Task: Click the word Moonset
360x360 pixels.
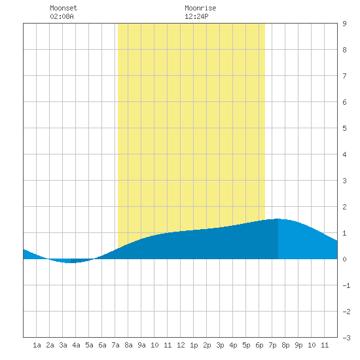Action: (63, 8)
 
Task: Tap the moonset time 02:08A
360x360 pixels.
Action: (62, 16)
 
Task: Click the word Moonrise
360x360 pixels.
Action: (200, 8)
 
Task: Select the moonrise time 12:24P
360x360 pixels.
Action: (196, 16)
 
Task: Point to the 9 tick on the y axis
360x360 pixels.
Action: (344, 24)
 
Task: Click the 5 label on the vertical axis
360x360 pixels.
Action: (344, 128)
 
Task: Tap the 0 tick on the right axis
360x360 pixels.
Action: (344, 259)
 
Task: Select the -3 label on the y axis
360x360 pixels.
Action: (346, 338)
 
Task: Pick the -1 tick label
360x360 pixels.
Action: (346, 285)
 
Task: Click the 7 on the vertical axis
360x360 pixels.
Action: (344, 76)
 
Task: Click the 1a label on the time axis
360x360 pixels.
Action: (37, 345)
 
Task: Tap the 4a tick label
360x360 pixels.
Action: (76, 345)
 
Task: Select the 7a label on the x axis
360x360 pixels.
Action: (115, 345)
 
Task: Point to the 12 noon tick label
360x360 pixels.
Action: (181, 345)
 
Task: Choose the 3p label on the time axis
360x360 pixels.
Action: (220, 345)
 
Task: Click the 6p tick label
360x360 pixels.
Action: (259, 345)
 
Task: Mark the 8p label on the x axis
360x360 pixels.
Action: (285, 345)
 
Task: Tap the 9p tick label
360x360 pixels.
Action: (298, 345)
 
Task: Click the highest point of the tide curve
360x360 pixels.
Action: (278, 219)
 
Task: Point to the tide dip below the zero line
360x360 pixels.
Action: (71, 261)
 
